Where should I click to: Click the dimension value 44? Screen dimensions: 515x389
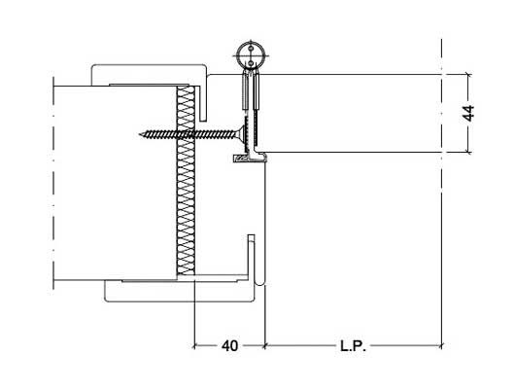click(x=468, y=114)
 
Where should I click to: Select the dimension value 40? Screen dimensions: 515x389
click(x=229, y=346)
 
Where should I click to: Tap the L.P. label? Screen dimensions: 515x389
click(x=353, y=346)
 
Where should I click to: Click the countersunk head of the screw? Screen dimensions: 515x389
click(x=241, y=134)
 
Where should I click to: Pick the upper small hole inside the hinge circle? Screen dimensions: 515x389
click(x=251, y=49)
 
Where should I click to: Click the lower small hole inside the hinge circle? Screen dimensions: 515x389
click(x=251, y=62)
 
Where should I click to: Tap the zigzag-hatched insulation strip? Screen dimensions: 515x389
click(x=186, y=180)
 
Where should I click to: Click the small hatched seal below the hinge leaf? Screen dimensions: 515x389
click(x=240, y=159)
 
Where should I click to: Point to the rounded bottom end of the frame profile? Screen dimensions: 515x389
click(x=260, y=283)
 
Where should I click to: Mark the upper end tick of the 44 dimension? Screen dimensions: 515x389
click(x=468, y=74)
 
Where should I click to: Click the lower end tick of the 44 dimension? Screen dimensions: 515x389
click(x=468, y=153)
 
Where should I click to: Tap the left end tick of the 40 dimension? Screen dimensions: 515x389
click(x=194, y=345)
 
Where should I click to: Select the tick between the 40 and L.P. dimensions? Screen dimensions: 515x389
click(x=264, y=345)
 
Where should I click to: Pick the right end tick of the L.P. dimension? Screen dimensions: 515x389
click(x=441, y=345)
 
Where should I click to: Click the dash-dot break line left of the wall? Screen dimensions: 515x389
click(x=52, y=183)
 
